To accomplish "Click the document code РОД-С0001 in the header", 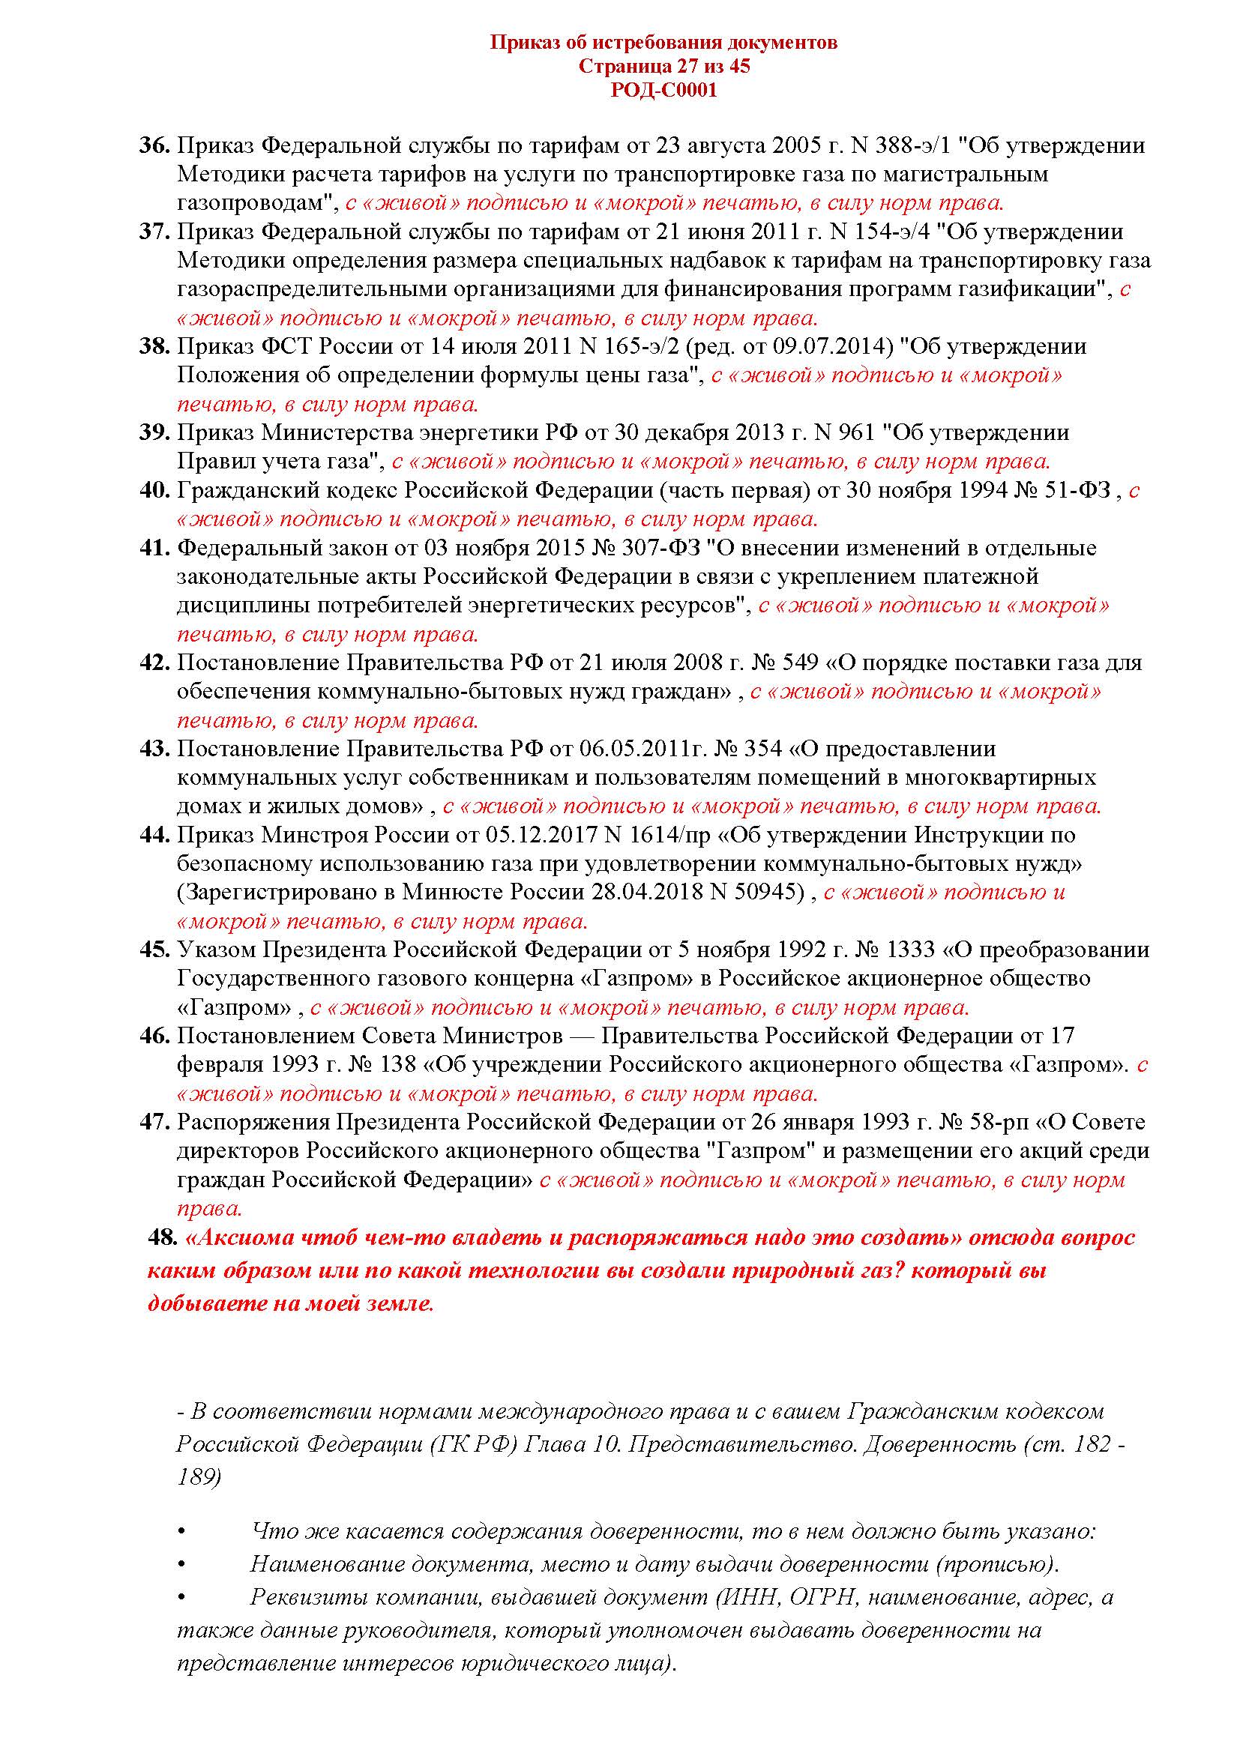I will [x=663, y=91].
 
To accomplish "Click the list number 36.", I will [x=154, y=145].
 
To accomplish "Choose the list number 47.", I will [x=154, y=1123].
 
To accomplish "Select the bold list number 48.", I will [x=163, y=1237].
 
